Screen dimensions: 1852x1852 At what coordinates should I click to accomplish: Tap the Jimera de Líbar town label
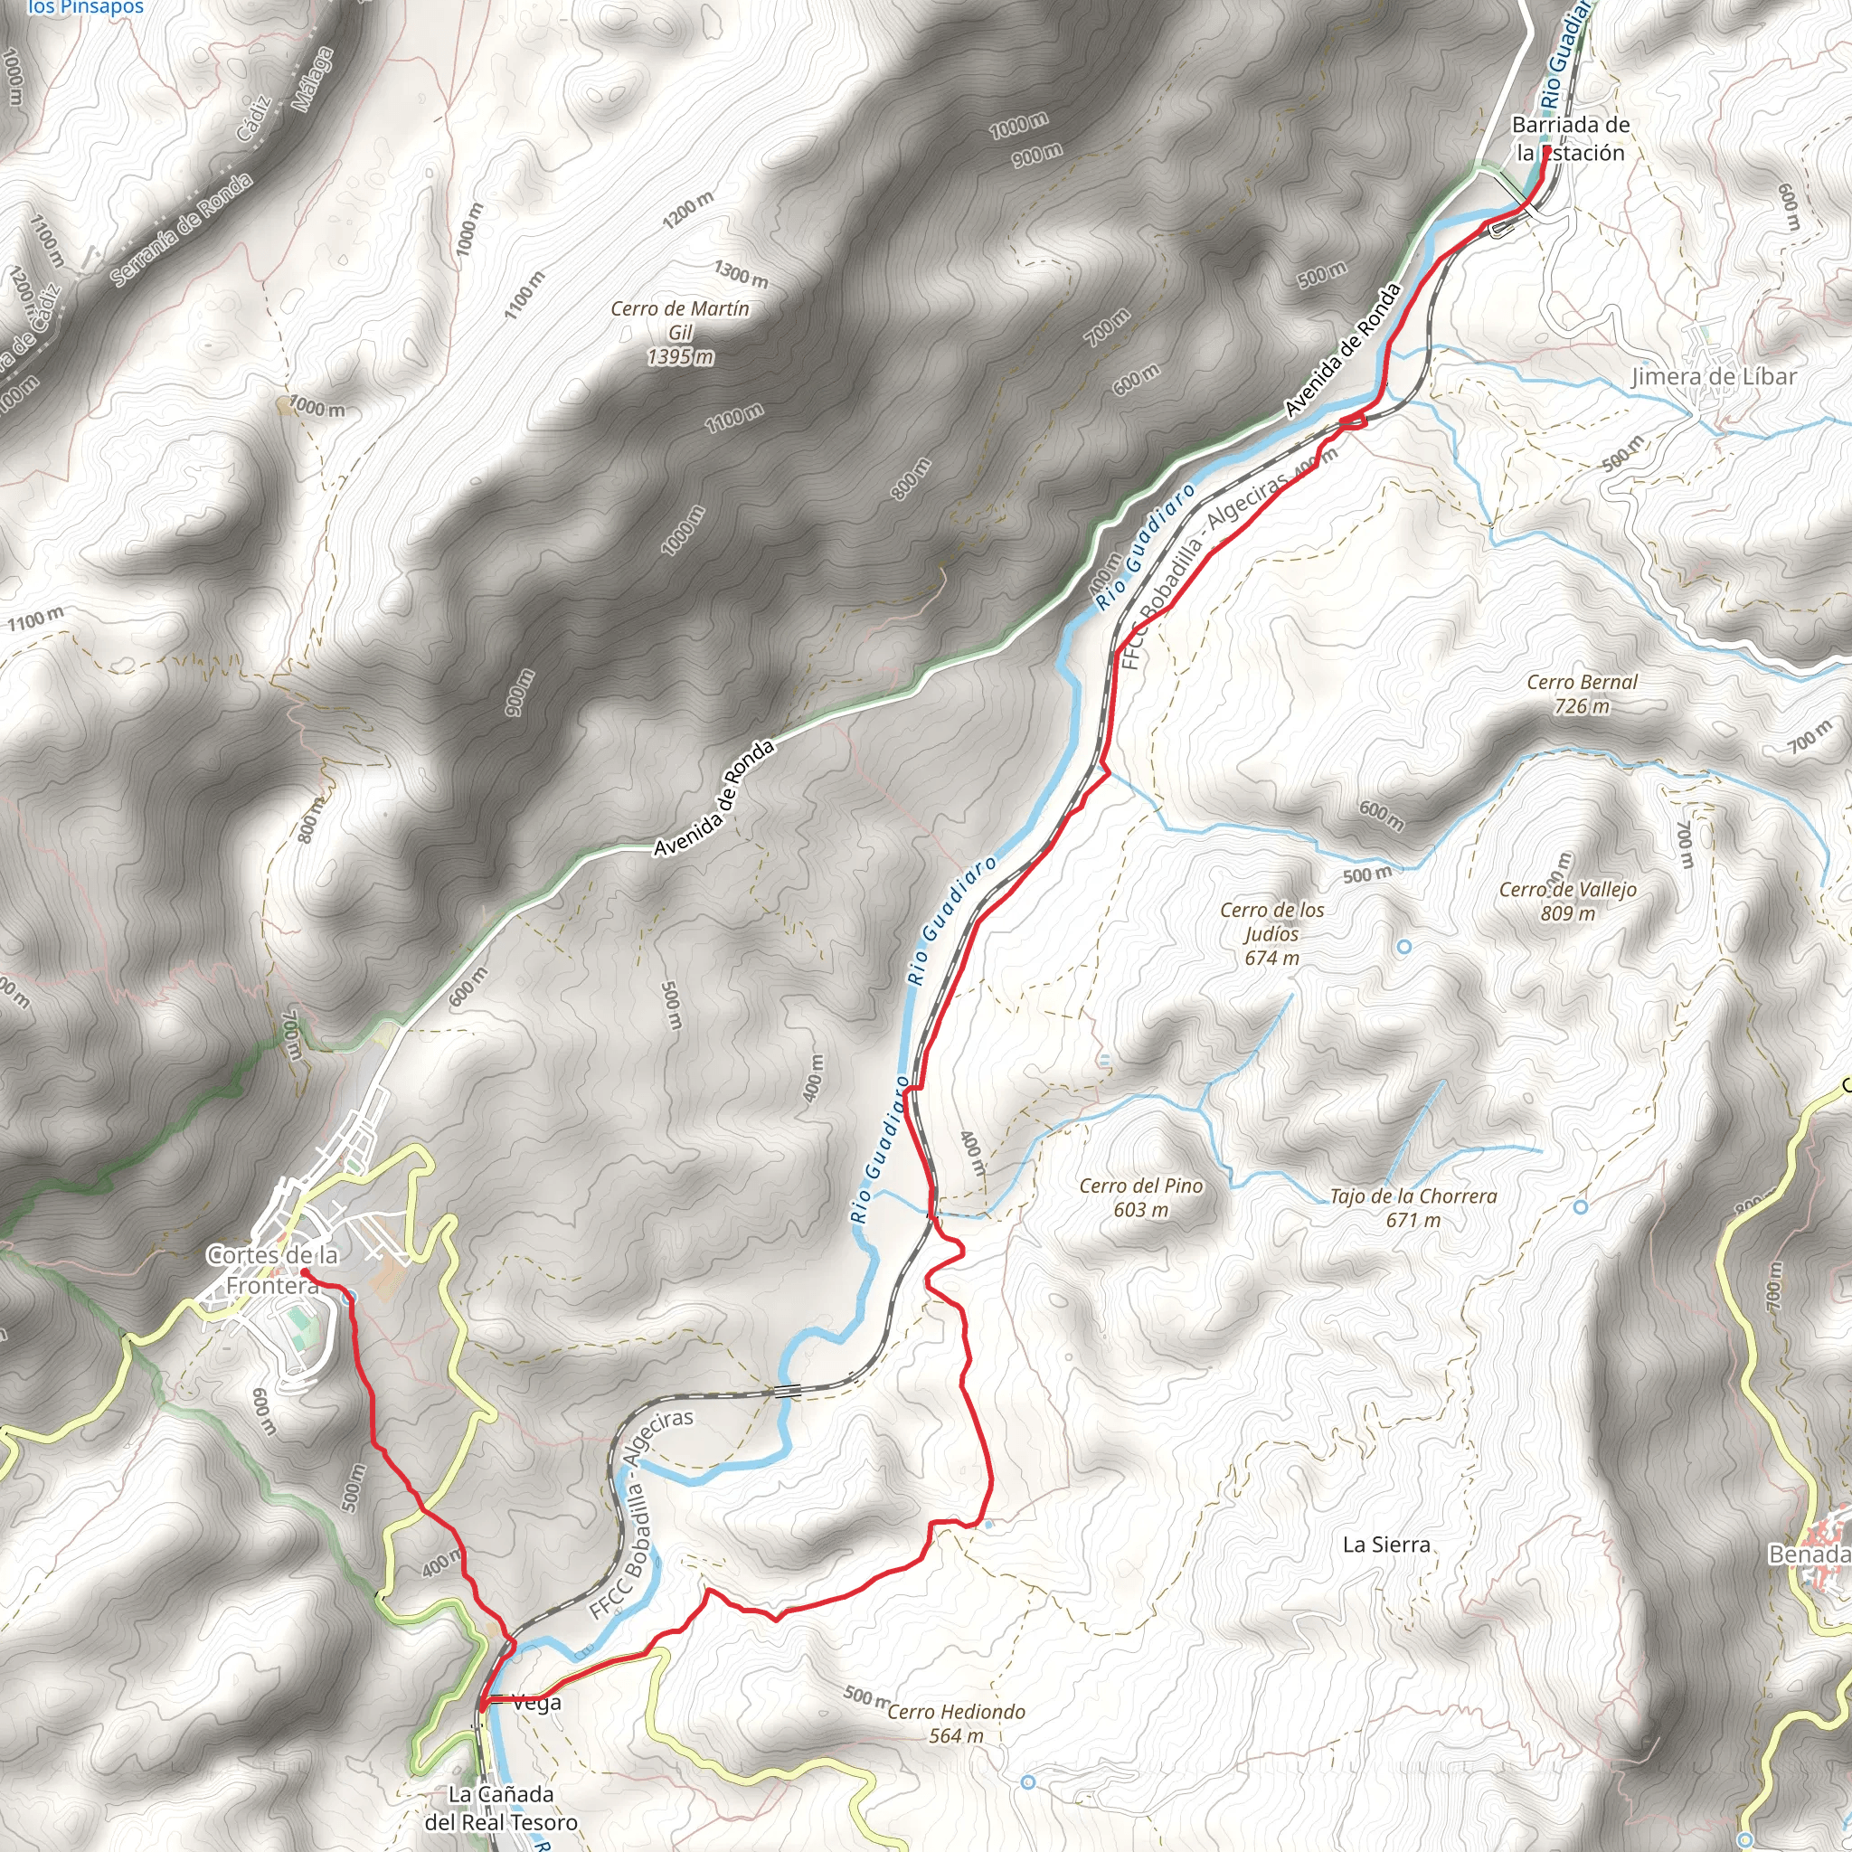tap(1714, 377)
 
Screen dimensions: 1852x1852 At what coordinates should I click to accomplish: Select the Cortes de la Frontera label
tap(273, 1269)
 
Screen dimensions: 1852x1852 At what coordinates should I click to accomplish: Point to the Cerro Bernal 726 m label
tap(1582, 694)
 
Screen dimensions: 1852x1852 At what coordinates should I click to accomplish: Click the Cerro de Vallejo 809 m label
tap(1567, 901)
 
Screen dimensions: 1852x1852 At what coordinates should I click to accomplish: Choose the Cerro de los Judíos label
tap(1272, 932)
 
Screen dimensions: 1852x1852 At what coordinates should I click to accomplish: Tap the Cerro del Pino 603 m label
tap(1140, 1197)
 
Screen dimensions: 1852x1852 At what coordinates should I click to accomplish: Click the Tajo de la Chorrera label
tap(1413, 1208)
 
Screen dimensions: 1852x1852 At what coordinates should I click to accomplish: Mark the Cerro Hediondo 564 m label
tap(956, 1723)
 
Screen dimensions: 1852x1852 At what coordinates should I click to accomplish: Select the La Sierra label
tap(1386, 1545)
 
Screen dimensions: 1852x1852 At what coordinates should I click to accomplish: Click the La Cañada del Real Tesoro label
tap(500, 1808)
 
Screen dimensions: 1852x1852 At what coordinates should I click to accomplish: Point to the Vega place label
tap(537, 1704)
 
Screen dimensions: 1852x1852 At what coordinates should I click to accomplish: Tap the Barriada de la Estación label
tap(1570, 139)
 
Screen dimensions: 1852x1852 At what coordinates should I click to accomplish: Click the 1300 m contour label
tap(741, 273)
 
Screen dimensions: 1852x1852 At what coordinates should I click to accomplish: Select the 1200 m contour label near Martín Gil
tap(688, 210)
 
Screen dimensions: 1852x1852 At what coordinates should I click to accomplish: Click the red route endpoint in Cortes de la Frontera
tap(304, 1272)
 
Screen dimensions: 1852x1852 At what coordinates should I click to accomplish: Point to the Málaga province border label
tap(313, 80)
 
